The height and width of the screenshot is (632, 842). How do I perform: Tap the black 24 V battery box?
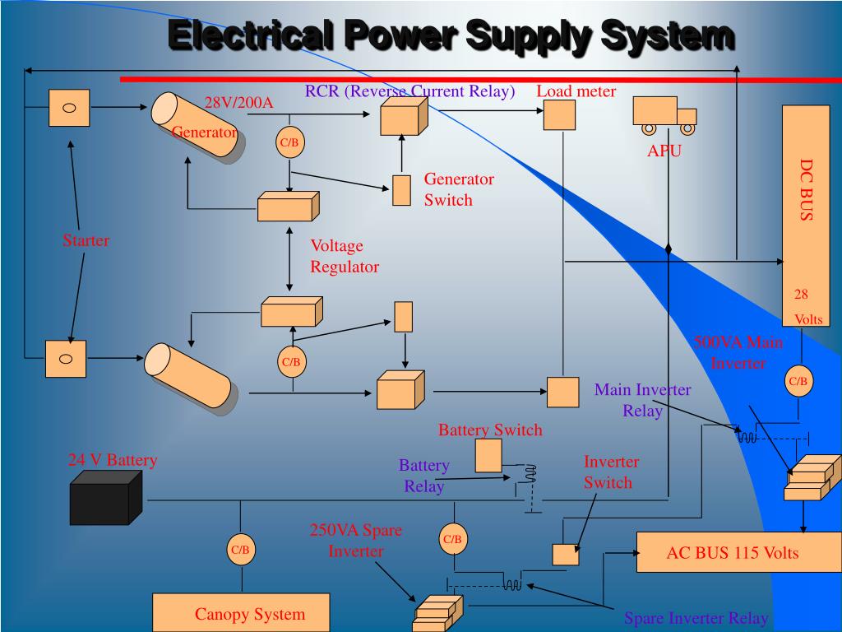click(x=99, y=503)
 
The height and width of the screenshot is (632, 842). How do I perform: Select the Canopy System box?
click(x=241, y=614)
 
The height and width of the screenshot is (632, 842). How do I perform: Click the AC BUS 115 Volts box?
click(x=732, y=552)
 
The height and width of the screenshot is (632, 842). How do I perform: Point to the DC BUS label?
click(x=806, y=190)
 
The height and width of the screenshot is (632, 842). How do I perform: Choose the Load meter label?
click(x=576, y=91)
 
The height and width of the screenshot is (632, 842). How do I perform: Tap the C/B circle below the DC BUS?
click(x=798, y=381)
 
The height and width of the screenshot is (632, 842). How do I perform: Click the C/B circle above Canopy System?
click(x=239, y=550)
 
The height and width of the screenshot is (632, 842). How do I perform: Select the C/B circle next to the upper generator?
click(x=289, y=142)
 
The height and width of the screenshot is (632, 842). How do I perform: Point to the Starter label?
click(x=86, y=241)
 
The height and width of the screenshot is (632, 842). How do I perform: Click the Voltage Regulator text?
click(x=344, y=256)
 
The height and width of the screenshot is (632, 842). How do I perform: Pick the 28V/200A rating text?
click(x=238, y=103)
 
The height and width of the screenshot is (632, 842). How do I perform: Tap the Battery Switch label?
click(x=490, y=430)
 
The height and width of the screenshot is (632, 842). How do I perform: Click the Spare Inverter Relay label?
click(x=696, y=618)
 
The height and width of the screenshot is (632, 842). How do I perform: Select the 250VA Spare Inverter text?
click(x=355, y=541)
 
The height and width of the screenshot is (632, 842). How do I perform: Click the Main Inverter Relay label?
click(x=642, y=400)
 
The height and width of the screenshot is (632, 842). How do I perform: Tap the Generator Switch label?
click(x=459, y=189)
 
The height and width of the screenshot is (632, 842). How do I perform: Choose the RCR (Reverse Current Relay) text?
click(x=409, y=91)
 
